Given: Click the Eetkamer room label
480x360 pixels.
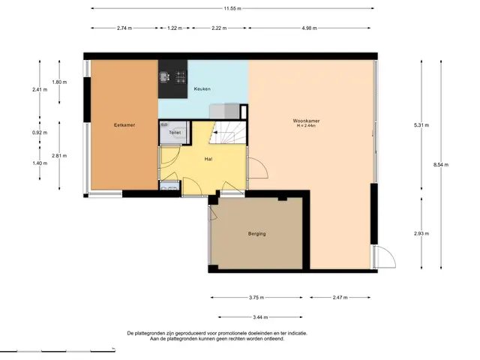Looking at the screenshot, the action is [124, 125].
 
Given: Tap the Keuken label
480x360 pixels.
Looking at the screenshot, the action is [202, 88].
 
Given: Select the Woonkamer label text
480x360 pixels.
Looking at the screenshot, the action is [306, 121].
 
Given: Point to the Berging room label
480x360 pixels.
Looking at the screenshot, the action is [256, 233].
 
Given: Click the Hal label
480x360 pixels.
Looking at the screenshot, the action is [208, 159].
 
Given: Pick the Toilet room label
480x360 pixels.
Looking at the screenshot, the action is [175, 133].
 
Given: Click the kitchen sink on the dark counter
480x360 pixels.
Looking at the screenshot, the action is [164, 76].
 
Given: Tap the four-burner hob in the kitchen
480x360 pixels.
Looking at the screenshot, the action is [181, 77].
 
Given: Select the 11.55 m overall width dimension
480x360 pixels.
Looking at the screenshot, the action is [232, 8].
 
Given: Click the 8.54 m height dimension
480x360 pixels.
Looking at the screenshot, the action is [441, 165].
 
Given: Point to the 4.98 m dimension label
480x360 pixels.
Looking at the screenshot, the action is [309, 28].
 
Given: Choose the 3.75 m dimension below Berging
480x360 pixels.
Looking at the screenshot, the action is [256, 297].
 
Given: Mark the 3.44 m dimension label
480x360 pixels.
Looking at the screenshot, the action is [260, 317].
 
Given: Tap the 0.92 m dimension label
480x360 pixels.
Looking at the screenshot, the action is [40, 133].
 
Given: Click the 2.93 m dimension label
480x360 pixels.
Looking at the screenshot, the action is [421, 233].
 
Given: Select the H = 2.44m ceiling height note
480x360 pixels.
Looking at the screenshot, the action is [306, 125].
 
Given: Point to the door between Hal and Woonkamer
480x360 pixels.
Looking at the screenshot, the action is [258, 168].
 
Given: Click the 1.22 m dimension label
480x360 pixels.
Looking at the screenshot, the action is [175, 28].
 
